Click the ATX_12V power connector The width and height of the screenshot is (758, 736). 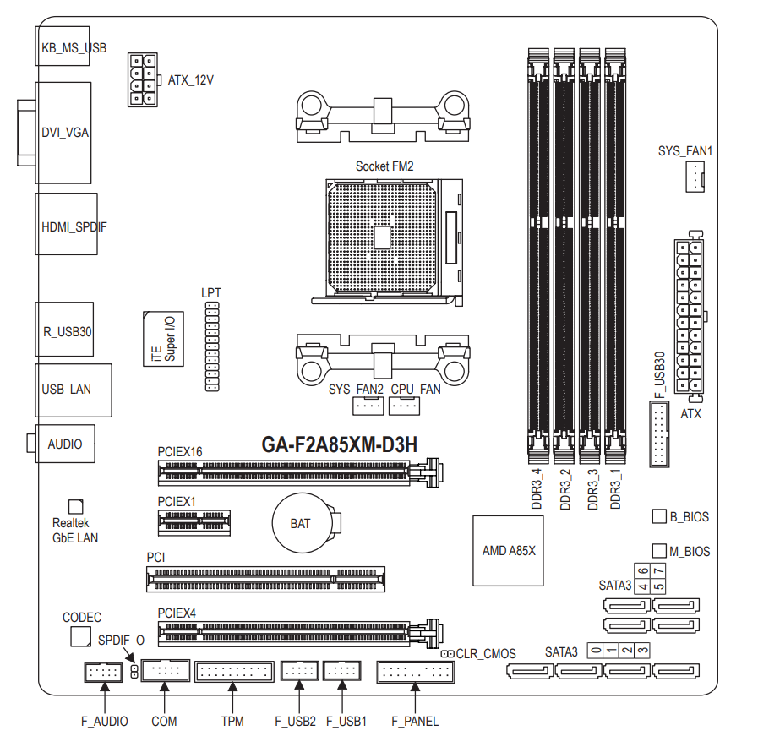click(143, 79)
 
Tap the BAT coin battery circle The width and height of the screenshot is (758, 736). click(303, 523)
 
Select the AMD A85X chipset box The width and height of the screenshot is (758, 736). click(508, 551)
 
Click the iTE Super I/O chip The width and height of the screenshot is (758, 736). click(163, 339)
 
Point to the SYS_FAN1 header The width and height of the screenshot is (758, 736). click(695, 177)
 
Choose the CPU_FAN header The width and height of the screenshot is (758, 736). click(404, 406)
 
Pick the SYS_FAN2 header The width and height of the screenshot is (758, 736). click(368, 406)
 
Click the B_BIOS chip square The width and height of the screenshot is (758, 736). click(659, 516)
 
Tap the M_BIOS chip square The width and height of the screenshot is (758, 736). click(659, 551)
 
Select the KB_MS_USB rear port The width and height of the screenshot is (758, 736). click(63, 46)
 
